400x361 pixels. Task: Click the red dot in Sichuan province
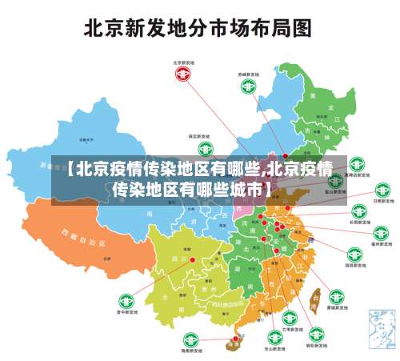[192, 259]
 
